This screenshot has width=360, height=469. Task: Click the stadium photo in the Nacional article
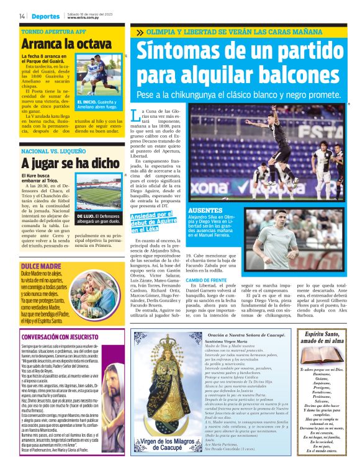pyautogui.click(x=99, y=192)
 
